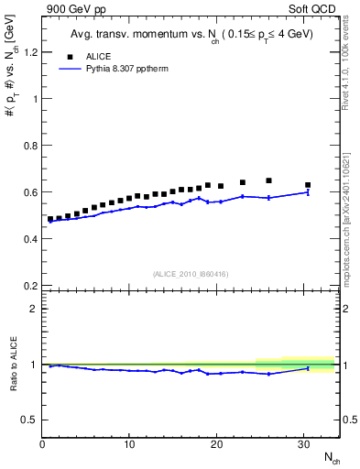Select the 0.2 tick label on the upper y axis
29,285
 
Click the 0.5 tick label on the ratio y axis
29,420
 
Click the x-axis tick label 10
129,444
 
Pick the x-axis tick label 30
303,444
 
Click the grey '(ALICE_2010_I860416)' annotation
190,274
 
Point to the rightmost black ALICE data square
308,185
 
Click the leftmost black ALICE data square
50,219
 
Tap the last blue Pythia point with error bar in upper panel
308,191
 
